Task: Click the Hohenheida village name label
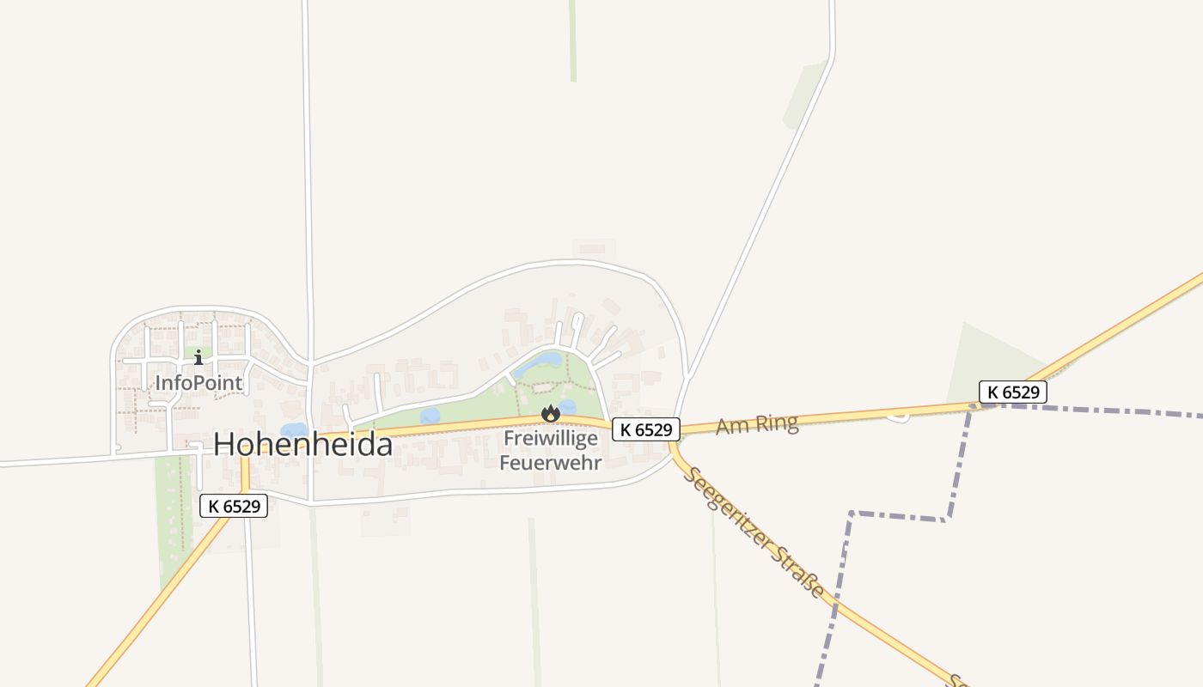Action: coord(302,444)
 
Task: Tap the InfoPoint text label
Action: coord(198,382)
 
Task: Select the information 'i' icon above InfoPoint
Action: coord(198,356)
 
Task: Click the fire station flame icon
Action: coord(550,414)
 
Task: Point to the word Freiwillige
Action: coord(550,438)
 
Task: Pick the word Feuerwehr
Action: coord(550,462)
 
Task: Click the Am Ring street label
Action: coord(756,423)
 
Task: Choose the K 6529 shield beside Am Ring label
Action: coord(646,429)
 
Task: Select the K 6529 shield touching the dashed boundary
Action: coord(1012,392)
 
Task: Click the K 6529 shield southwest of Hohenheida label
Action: coord(234,506)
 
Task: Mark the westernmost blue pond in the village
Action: coord(293,429)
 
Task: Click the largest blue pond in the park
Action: coord(539,364)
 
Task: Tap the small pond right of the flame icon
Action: coord(568,406)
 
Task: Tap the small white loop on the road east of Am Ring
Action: coord(898,416)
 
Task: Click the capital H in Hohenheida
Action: coord(225,444)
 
